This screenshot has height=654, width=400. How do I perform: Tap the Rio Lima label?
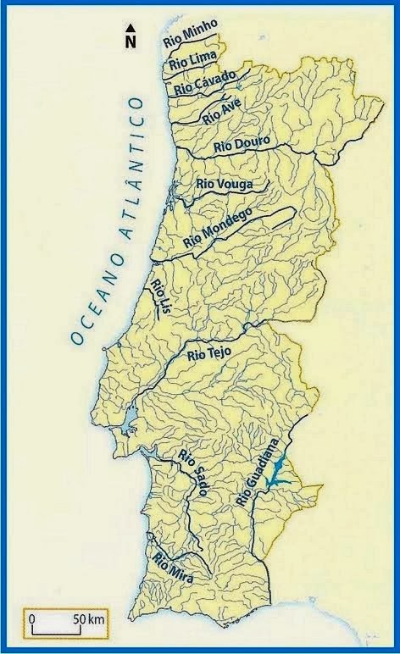pyautogui.click(x=193, y=59)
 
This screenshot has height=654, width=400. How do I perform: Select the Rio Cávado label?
pyautogui.click(x=203, y=82)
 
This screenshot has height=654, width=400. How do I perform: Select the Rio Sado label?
pyautogui.click(x=192, y=479)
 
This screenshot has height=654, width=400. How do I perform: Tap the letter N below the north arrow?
pyautogui.click(x=131, y=40)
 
